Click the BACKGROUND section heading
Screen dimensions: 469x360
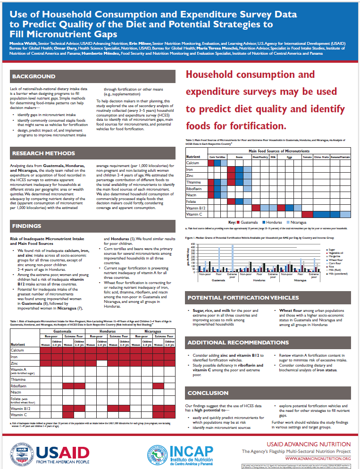click(33, 76)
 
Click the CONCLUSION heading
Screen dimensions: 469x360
click(208, 393)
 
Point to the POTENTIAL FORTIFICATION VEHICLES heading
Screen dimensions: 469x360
click(243, 298)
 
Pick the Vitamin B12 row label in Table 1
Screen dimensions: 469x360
click(19, 408)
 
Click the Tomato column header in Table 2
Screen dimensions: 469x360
click(307, 156)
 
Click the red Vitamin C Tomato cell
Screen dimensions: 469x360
click(307, 214)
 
